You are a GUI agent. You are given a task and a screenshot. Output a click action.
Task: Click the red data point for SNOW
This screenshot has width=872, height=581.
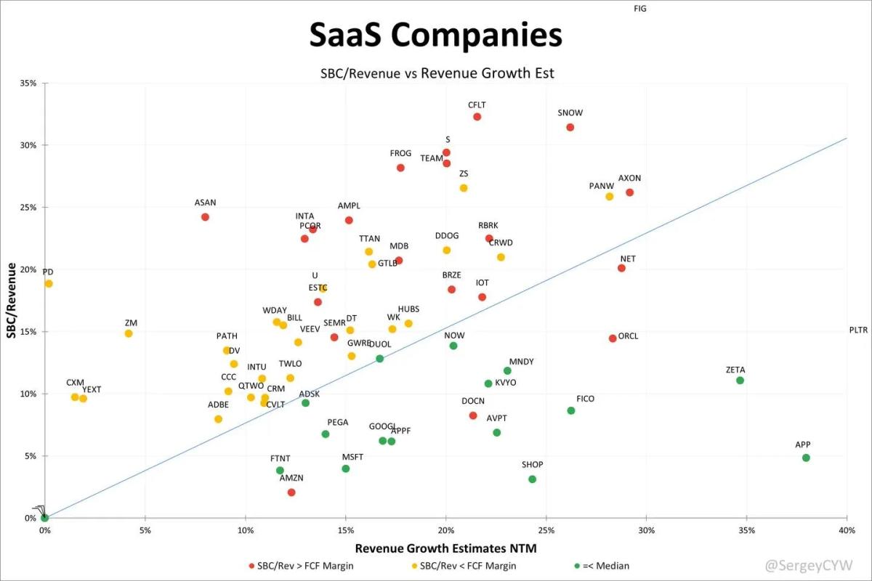[570, 127]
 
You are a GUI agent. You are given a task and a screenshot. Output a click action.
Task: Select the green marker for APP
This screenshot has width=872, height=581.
[806, 458]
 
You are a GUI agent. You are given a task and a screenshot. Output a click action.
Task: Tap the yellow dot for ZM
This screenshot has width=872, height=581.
[129, 333]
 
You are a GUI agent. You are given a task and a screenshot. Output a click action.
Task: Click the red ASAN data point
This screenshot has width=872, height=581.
[205, 217]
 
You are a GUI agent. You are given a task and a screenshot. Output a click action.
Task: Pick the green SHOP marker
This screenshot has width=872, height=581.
[532, 479]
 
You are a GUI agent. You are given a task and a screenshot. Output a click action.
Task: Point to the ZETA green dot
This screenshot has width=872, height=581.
[740, 381]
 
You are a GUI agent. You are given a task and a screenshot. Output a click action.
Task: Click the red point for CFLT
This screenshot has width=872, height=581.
[477, 117]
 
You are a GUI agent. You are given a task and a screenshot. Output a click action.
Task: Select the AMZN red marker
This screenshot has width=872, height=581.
[291, 492]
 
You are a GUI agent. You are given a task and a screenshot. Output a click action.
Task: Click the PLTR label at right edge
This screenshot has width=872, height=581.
[858, 330]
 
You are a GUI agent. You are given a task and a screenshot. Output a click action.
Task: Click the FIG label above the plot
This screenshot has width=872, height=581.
[639, 9]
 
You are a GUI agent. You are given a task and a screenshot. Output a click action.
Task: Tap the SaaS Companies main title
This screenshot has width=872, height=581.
[435, 35]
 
